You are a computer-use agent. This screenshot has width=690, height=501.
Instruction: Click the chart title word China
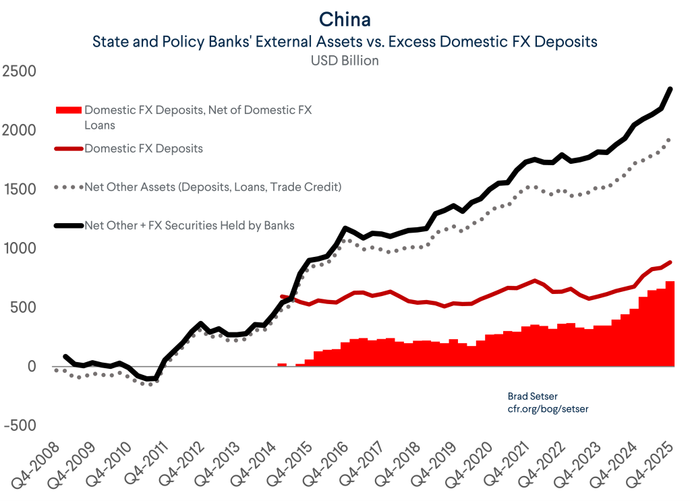[x=345, y=18]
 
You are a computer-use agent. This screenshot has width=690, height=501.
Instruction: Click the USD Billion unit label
[x=345, y=61]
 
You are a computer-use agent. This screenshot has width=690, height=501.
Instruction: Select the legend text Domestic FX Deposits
[x=144, y=148]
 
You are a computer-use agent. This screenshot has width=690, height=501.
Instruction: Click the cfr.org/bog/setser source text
[x=543, y=408]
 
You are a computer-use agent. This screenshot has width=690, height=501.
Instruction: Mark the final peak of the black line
[x=670, y=88]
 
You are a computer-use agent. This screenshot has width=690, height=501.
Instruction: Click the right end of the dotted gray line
[x=669, y=140]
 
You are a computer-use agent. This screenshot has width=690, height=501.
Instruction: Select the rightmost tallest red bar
[x=670, y=324]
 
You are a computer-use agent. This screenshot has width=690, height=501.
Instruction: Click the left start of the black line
[x=65, y=356]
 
